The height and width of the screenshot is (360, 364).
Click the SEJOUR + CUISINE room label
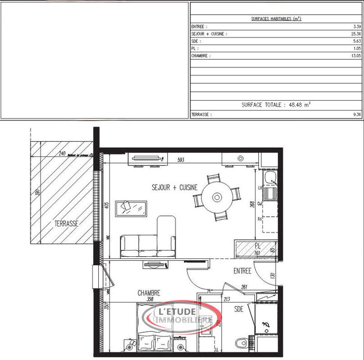click(174, 187)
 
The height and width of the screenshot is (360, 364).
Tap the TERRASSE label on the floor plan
click(66, 224)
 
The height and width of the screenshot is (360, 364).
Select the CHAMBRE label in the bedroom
click(149, 294)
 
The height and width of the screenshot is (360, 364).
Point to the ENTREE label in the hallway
click(243, 271)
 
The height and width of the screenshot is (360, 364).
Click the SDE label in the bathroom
click(239, 309)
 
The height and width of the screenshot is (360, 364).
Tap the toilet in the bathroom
click(239, 343)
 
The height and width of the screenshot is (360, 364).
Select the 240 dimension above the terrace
click(63, 154)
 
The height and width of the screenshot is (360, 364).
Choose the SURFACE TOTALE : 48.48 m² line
click(276, 105)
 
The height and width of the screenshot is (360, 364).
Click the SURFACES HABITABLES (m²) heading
click(276, 19)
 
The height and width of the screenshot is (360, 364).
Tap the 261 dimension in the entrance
click(244, 287)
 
